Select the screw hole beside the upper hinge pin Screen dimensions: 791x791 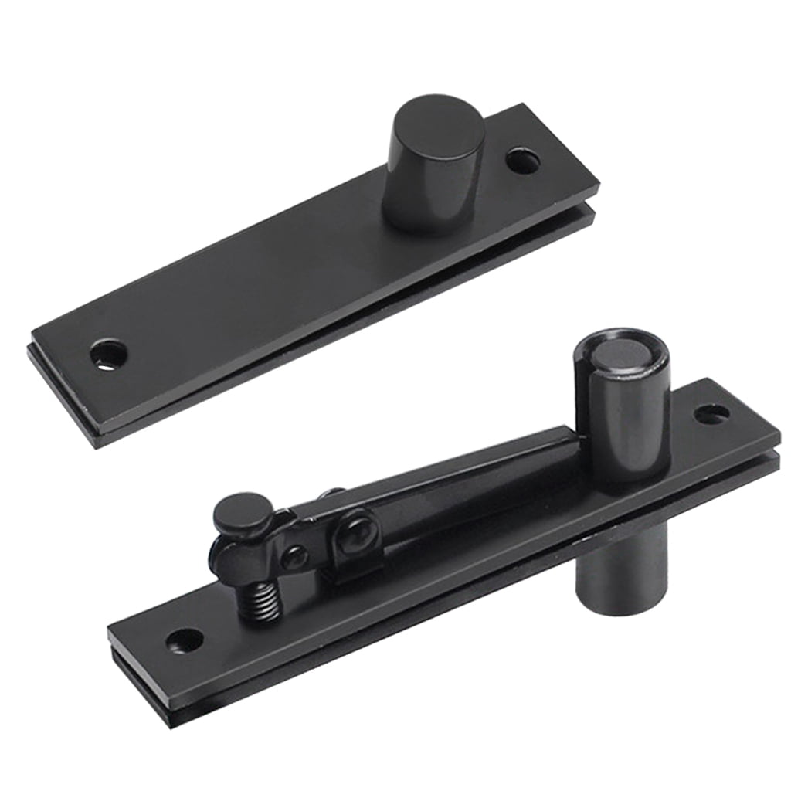coord(523,161)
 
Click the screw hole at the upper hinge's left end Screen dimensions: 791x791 coord(108,354)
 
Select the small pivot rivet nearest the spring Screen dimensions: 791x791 coord(296,556)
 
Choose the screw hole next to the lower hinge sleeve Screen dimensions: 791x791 coord(711,414)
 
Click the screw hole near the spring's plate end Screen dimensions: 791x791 coord(185,640)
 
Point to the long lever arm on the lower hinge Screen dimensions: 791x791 coord(448,479)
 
